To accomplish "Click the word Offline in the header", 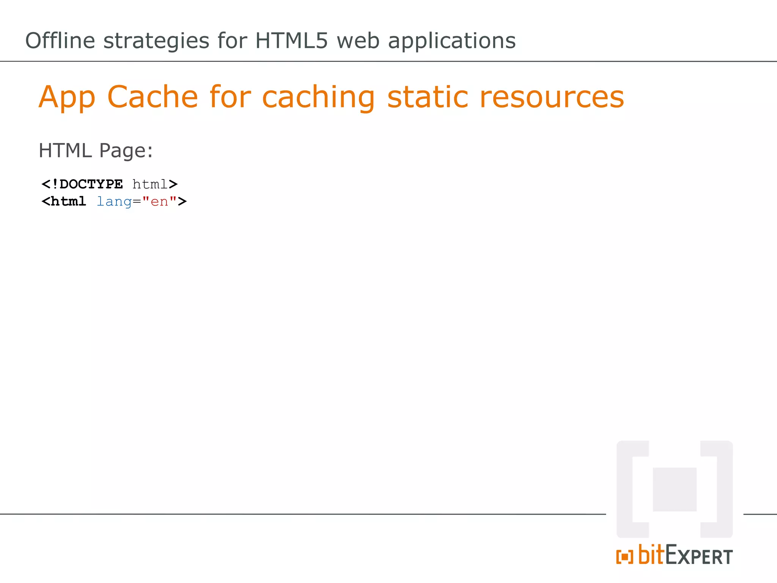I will [60, 41].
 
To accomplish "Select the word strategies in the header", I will [156, 41].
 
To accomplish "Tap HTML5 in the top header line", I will [291, 41].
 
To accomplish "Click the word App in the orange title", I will [67, 98].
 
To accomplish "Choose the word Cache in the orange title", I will [153, 97].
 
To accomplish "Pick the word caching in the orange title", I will [318, 98].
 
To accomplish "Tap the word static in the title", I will [428, 97].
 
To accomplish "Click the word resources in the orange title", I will [552, 98].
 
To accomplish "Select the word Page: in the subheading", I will [126, 151].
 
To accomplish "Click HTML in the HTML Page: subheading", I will [65, 150].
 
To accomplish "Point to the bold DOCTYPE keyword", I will [91, 184].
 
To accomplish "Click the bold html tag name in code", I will [68, 202].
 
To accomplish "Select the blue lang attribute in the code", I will [114, 202].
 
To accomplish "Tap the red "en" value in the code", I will [159, 202].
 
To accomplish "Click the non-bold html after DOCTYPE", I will [150, 184].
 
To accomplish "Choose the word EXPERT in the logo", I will [699, 556].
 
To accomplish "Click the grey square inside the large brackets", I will [675, 489].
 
